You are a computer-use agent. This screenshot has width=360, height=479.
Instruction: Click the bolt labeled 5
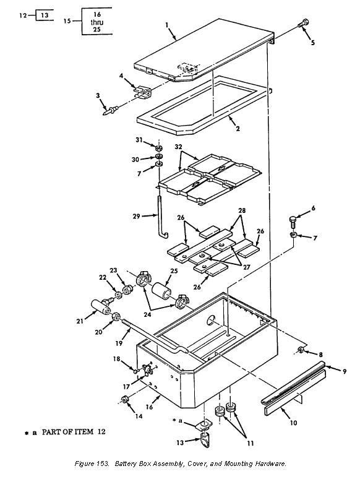pyautogui.click(x=304, y=23)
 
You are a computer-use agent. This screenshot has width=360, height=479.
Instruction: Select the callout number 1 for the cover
pyautogui.click(x=167, y=25)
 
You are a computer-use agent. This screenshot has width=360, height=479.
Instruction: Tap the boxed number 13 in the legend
pyautogui.click(x=45, y=15)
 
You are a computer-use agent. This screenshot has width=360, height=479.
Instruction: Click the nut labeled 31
pyautogui.click(x=158, y=149)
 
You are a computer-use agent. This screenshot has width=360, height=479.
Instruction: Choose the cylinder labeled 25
pyautogui.click(x=162, y=292)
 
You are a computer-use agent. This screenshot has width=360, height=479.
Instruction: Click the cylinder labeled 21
pyautogui.click(x=101, y=306)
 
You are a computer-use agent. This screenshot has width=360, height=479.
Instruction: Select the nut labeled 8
pyautogui.click(x=300, y=350)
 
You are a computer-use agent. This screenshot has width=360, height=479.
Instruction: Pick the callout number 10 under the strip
pyautogui.click(x=293, y=423)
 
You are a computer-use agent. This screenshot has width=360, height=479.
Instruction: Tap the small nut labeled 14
pyautogui.click(x=124, y=400)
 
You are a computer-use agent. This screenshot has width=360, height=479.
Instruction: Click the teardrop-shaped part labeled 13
pyautogui.click(x=205, y=439)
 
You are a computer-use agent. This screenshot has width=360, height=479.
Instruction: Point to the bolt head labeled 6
pyautogui.click(x=292, y=221)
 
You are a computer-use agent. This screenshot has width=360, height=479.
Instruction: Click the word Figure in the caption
pyautogui.click(x=84, y=464)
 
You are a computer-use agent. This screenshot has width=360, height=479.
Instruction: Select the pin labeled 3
pyautogui.click(x=111, y=110)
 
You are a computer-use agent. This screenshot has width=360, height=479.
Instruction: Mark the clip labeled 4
pyautogui.click(x=142, y=92)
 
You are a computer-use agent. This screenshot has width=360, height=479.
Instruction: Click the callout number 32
pyautogui.click(x=178, y=147)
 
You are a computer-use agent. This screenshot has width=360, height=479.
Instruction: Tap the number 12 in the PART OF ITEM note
pyautogui.click(x=101, y=431)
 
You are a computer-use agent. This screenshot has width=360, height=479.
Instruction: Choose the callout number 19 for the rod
pyautogui.click(x=119, y=343)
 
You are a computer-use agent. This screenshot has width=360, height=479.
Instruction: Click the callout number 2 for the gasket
pyautogui.click(x=238, y=129)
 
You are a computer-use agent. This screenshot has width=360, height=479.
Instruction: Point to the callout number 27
pyautogui.click(x=246, y=267)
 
